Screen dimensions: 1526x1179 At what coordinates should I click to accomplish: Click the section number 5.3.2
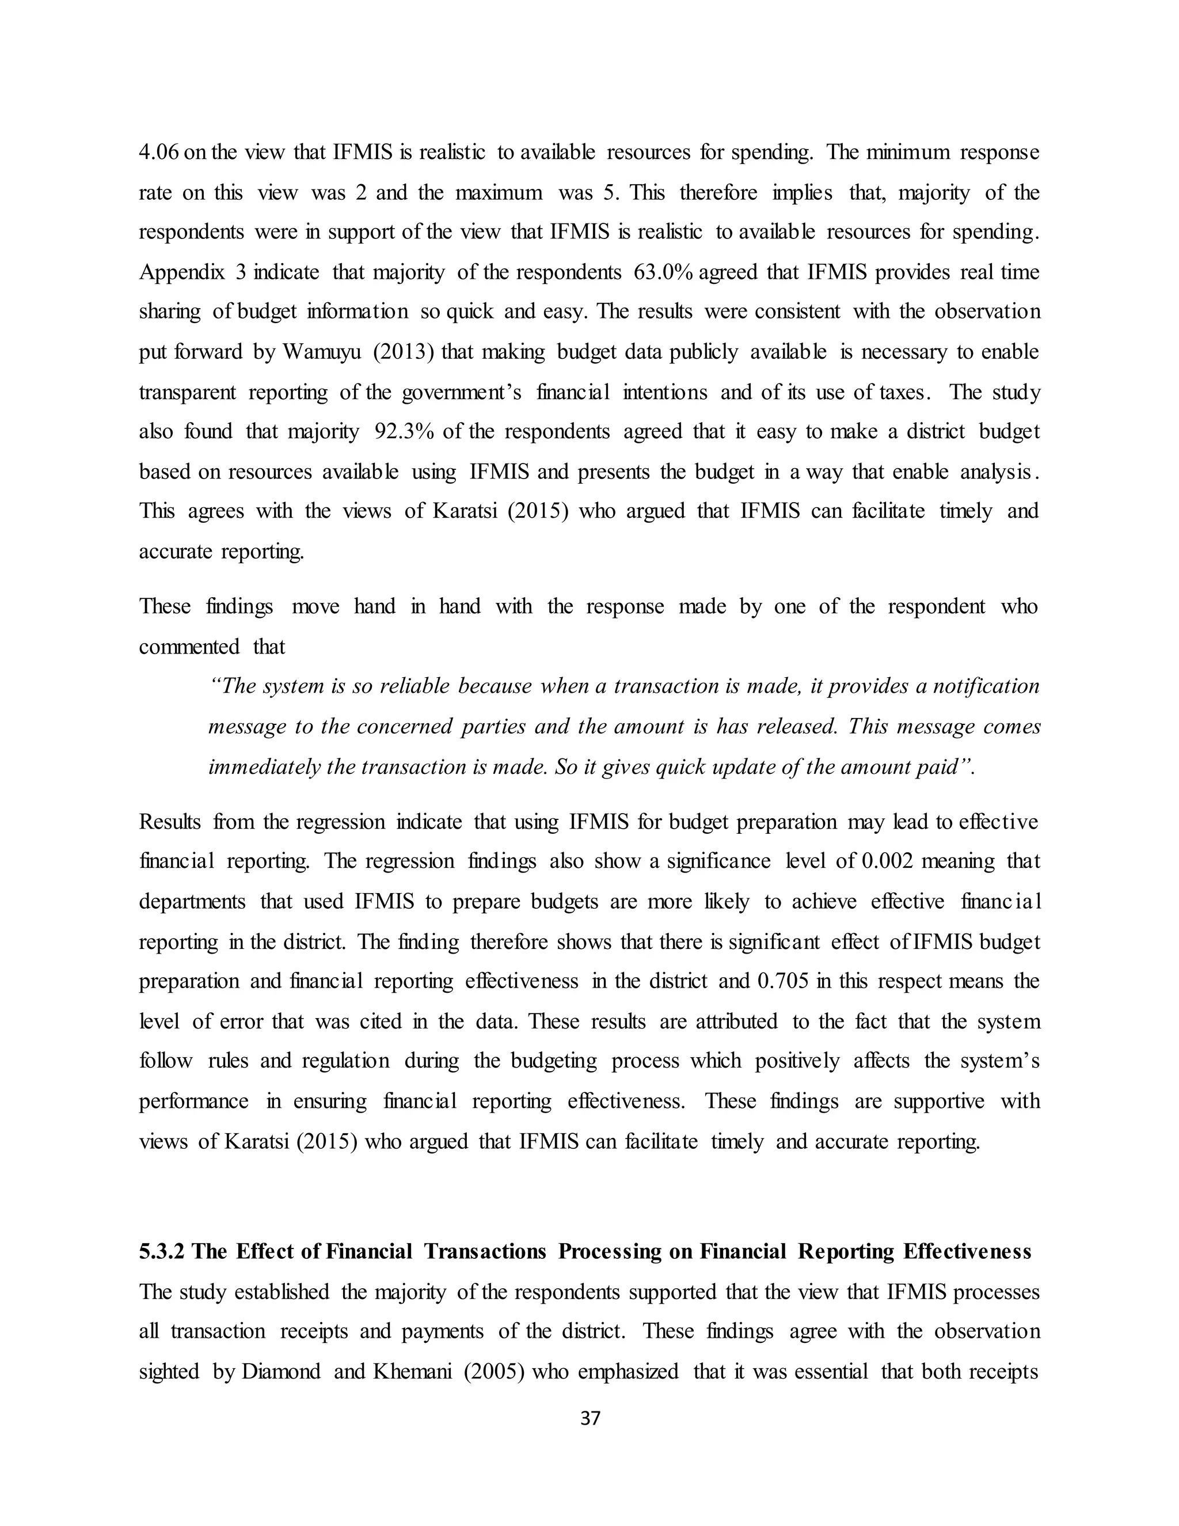[161, 1251]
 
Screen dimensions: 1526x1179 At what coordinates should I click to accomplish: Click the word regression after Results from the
[340, 821]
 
